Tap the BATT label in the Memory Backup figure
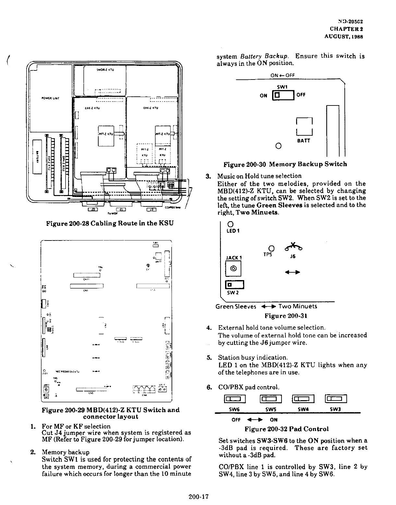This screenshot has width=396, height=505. click(304, 141)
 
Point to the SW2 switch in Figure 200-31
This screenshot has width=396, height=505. click(234, 285)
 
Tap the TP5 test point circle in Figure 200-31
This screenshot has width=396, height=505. click(272, 249)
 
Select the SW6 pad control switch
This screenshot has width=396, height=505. click(236, 399)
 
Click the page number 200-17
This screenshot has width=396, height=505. click(198, 497)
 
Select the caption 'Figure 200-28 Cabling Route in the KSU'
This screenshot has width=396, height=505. click(110, 224)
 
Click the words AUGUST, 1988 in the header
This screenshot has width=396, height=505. click(343, 37)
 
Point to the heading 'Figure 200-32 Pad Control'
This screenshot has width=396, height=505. click(286, 429)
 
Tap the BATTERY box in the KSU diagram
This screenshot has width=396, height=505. click(37, 157)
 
